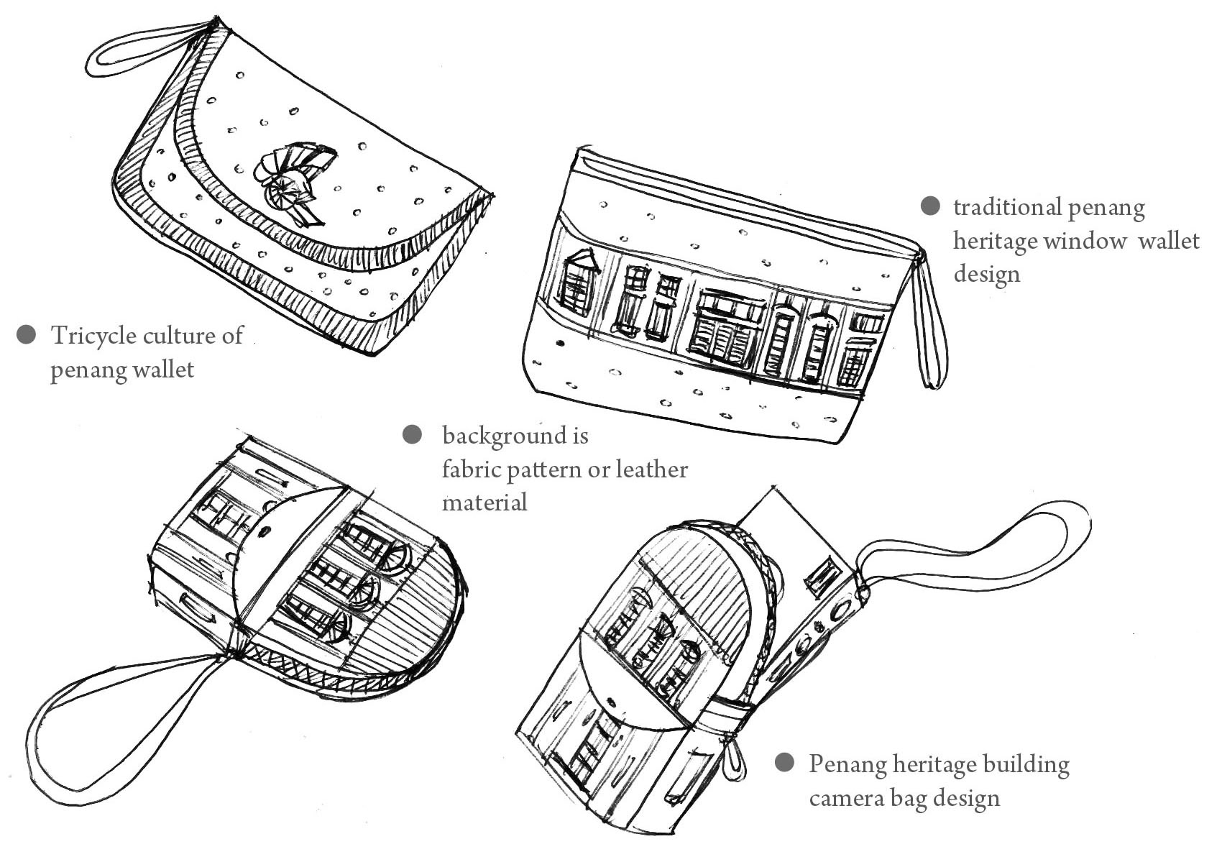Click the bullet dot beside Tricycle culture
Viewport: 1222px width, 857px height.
tap(27, 335)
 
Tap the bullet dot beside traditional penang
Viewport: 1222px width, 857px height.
tap(930, 206)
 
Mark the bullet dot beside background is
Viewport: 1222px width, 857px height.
tap(412, 434)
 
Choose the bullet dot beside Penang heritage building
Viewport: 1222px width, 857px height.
tap(784, 763)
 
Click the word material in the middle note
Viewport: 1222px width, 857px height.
tap(484, 502)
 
